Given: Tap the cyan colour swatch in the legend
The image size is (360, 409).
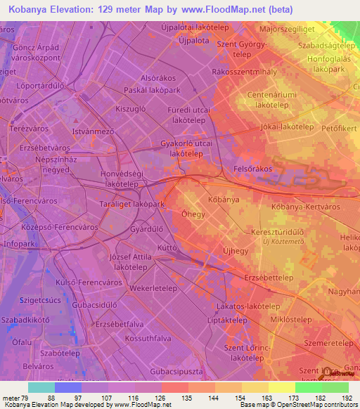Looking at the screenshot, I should click(x=41, y=387).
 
